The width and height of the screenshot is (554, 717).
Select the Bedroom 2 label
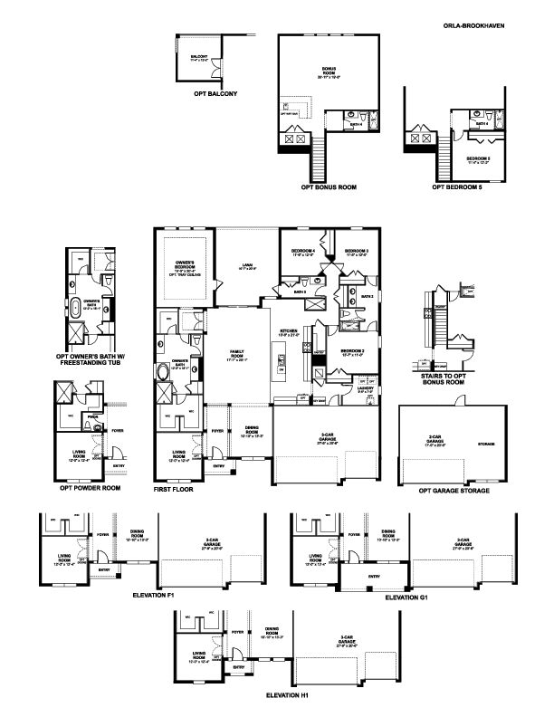[352, 352]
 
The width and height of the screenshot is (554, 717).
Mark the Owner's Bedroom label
[185, 267]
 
